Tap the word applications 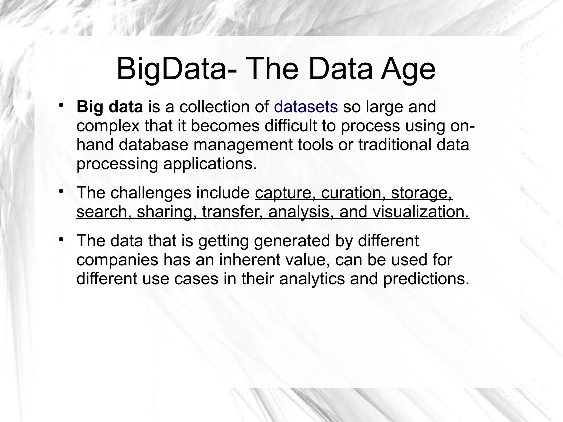click(210, 164)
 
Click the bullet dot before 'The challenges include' click(61, 191)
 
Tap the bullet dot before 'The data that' click(61, 239)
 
